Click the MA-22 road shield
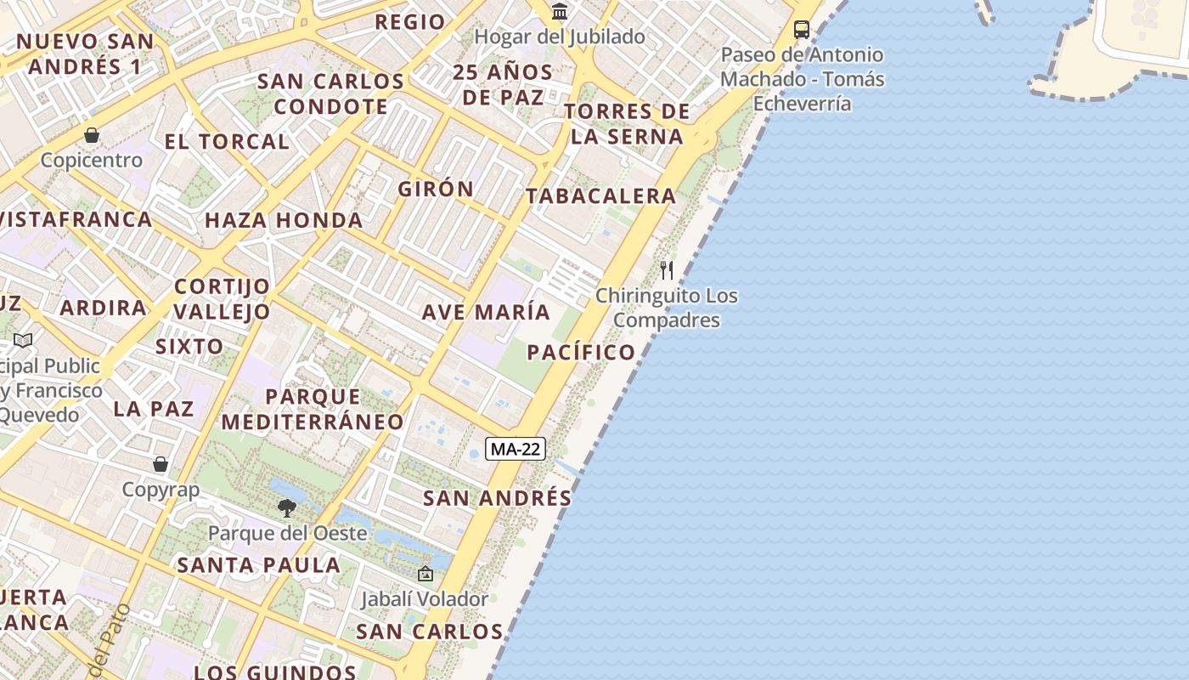click(516, 449)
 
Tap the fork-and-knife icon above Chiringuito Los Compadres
click(667, 270)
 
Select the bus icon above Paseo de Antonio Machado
click(801, 30)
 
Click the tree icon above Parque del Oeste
click(287, 508)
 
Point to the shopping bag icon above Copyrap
click(161, 464)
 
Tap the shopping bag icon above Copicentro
click(92, 135)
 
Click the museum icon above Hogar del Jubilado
click(560, 12)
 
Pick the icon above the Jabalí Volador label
click(425, 575)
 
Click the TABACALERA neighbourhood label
click(600, 196)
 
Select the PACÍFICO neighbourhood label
click(581, 352)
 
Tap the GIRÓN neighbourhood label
click(436, 189)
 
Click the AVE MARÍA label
click(487, 312)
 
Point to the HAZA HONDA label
click(284, 220)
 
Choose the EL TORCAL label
click(227, 141)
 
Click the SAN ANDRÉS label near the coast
click(498, 498)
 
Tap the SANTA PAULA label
click(258, 564)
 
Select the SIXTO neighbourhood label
click(189, 346)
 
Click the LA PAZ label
click(154, 408)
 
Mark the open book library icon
click(23, 341)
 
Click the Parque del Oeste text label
click(288, 534)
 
